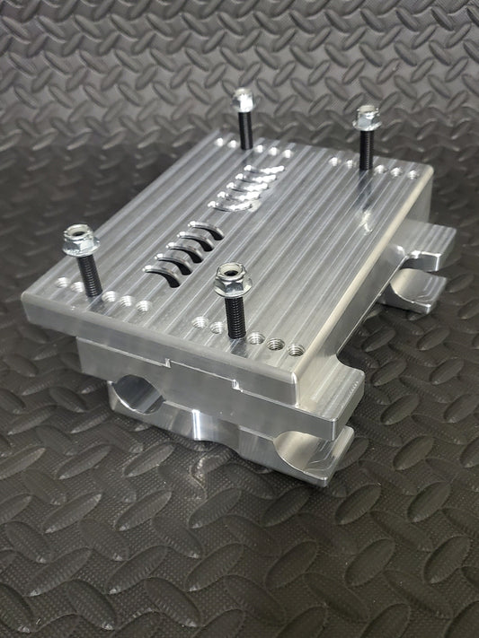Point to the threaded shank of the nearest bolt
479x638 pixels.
click(235, 314)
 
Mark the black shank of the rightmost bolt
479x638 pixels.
click(366, 147)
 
